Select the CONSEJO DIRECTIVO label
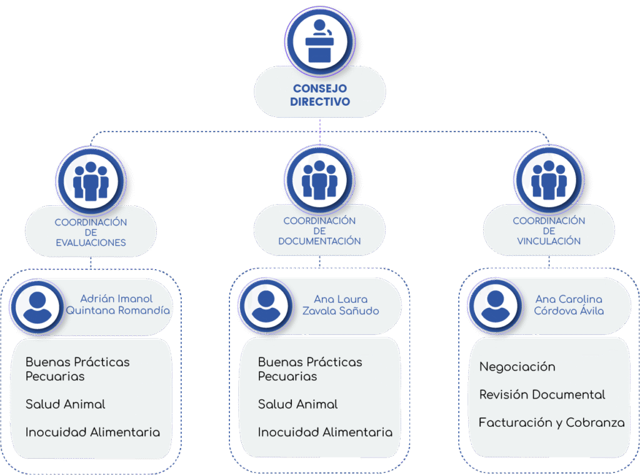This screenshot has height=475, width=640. click(x=319, y=95)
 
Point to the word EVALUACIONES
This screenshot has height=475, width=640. click(x=91, y=243)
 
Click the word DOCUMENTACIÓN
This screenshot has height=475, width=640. click(x=319, y=241)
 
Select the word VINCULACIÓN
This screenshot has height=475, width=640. click(x=549, y=241)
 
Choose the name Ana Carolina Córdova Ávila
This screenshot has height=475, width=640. click(x=569, y=305)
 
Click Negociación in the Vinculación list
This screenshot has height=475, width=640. click(x=517, y=367)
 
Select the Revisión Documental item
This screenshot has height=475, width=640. click(x=542, y=395)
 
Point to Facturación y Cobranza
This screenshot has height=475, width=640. click(x=551, y=423)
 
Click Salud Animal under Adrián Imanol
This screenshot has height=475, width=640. click(x=65, y=404)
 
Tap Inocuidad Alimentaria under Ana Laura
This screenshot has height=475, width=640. click(x=325, y=432)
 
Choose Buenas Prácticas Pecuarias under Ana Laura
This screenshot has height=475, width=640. click(x=309, y=369)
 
